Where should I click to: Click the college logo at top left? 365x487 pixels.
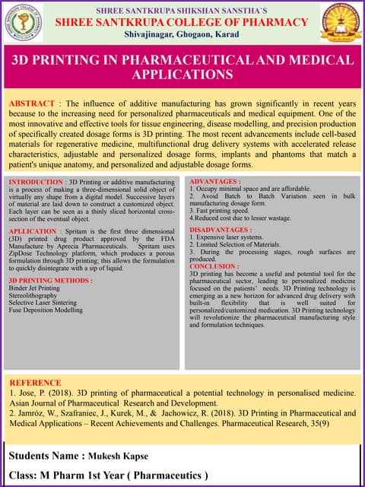[24, 22]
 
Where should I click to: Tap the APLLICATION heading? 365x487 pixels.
[33, 231]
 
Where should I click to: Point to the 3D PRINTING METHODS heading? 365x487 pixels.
[50, 281]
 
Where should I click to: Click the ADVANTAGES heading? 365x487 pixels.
[215, 182]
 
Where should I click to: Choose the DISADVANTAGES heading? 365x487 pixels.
[220, 229]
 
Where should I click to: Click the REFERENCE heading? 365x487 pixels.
[35, 383]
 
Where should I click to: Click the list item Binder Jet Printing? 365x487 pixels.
[34, 288]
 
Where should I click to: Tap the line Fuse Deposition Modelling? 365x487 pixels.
[46, 310]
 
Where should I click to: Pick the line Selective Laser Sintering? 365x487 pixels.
[44, 303]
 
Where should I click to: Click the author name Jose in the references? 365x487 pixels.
[27, 393]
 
